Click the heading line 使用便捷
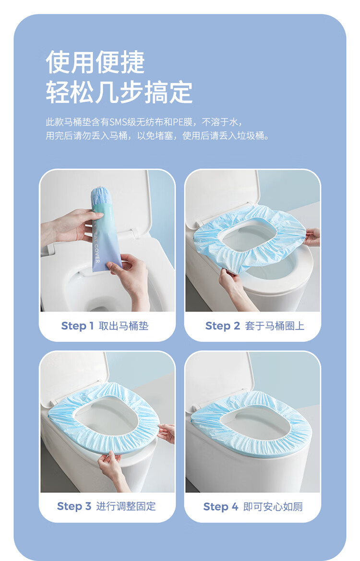[x=95, y=62]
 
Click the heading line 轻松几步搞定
[x=119, y=92]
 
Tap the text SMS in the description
[x=118, y=122]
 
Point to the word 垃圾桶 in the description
[x=250, y=136]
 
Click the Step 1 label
[x=77, y=326]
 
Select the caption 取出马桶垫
[x=123, y=326]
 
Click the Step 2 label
[x=222, y=326]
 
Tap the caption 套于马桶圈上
[x=275, y=326]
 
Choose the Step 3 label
[x=74, y=506]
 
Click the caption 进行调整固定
[x=126, y=506]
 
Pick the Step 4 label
[x=220, y=507]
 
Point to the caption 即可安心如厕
[x=273, y=507]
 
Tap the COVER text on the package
[x=97, y=253]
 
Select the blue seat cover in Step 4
[x=251, y=424]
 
